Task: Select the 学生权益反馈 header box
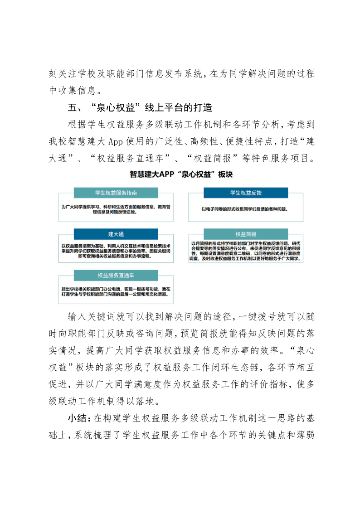pyautogui.click(x=245, y=193)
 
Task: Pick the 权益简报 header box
pyautogui.click(x=245, y=234)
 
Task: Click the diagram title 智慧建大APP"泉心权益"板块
pyautogui.click(x=180, y=174)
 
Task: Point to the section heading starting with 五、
pyautogui.click(x=140, y=108)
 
